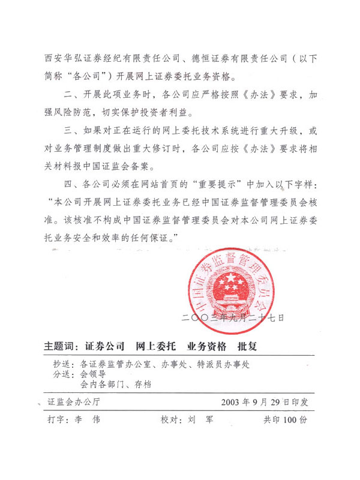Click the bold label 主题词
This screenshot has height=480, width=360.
click(61, 347)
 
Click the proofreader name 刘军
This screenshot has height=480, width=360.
click(200, 420)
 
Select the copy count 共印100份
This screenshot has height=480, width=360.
click(285, 420)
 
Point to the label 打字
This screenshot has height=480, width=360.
click(58, 420)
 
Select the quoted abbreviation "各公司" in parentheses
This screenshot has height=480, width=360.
click(88, 76)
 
